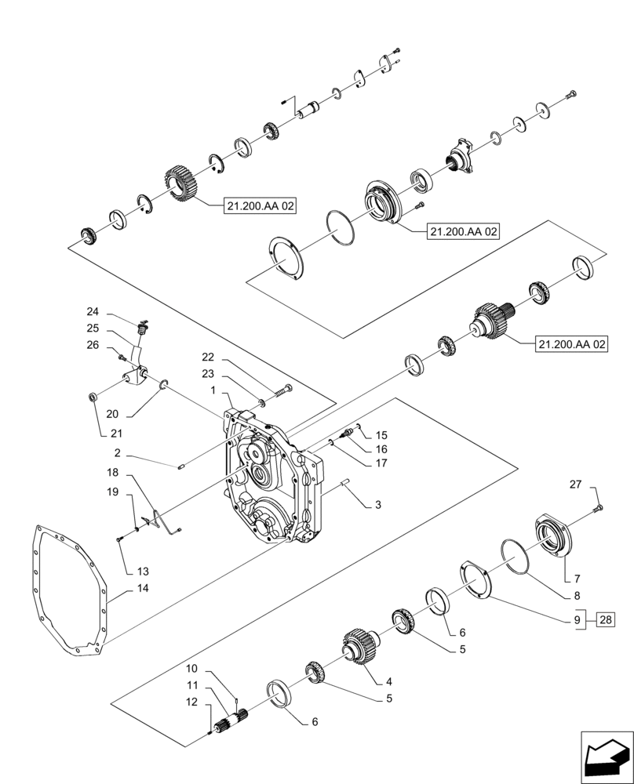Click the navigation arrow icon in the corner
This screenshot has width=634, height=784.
pyautogui.click(x=605, y=756)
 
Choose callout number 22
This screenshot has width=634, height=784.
pyautogui.click(x=207, y=357)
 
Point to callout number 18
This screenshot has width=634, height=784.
pyautogui.click(x=113, y=474)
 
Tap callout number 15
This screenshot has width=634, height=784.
pyautogui.click(x=381, y=435)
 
